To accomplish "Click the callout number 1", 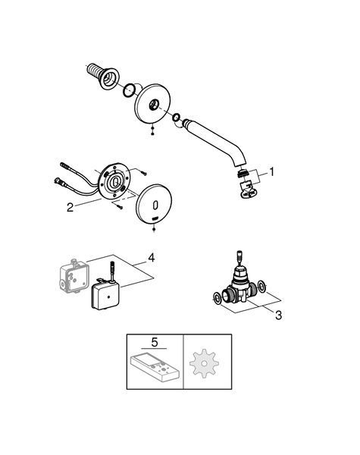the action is (271, 172).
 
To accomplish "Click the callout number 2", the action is (70, 208).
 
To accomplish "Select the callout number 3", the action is (278, 315).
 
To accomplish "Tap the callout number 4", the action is (151, 258).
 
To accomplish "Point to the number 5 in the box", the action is (155, 343).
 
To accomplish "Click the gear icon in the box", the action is (204, 363).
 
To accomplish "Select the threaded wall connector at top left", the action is (103, 74).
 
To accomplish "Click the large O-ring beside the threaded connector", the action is (129, 90).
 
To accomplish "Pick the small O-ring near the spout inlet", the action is (176, 118).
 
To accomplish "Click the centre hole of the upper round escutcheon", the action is (154, 105).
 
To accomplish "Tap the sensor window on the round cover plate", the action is (155, 206).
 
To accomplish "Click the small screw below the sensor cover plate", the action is (154, 229).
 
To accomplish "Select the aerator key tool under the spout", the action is (248, 190).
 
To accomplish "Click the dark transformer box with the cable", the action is (105, 296).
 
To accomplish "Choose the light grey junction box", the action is (74, 276).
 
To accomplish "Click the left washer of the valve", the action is (217, 297).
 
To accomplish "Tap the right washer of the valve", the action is (262, 287).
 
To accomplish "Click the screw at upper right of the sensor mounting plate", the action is (143, 173).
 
